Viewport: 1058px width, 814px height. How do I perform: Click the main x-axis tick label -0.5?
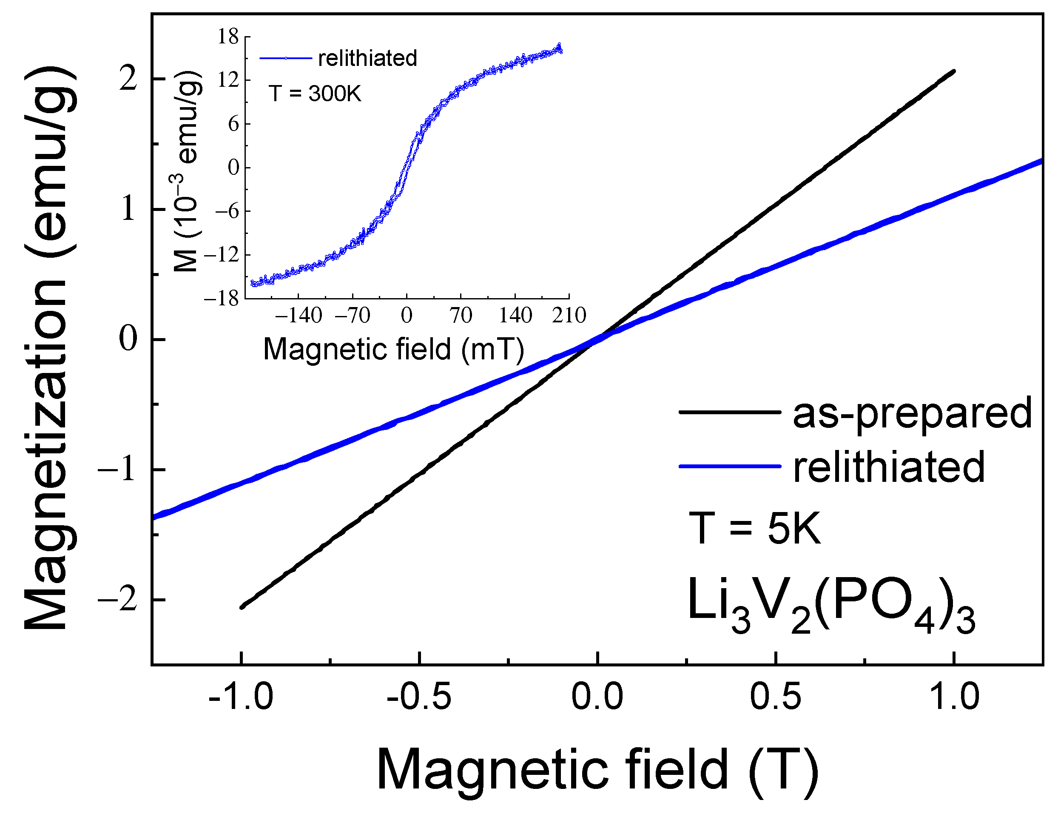(419, 698)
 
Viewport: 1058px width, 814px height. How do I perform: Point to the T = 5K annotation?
(754, 529)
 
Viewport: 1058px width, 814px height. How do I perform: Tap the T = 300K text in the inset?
(315, 93)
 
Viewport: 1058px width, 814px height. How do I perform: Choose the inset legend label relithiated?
(367, 59)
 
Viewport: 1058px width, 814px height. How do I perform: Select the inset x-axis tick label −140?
(299, 316)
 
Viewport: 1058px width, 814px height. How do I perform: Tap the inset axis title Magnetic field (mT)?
(393, 349)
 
